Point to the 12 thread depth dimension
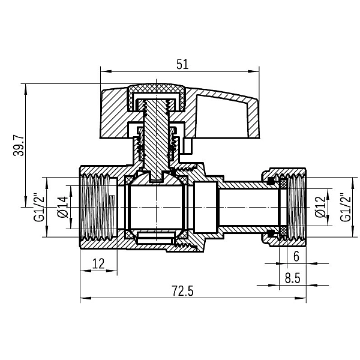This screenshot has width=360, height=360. [98, 262]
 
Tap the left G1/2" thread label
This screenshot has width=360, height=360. [39, 207]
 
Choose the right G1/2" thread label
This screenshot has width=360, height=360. [346, 207]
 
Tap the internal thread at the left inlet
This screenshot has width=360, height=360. [99, 207]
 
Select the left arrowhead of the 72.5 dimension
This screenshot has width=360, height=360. [82, 298]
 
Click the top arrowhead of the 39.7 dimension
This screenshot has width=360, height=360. [26, 86]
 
